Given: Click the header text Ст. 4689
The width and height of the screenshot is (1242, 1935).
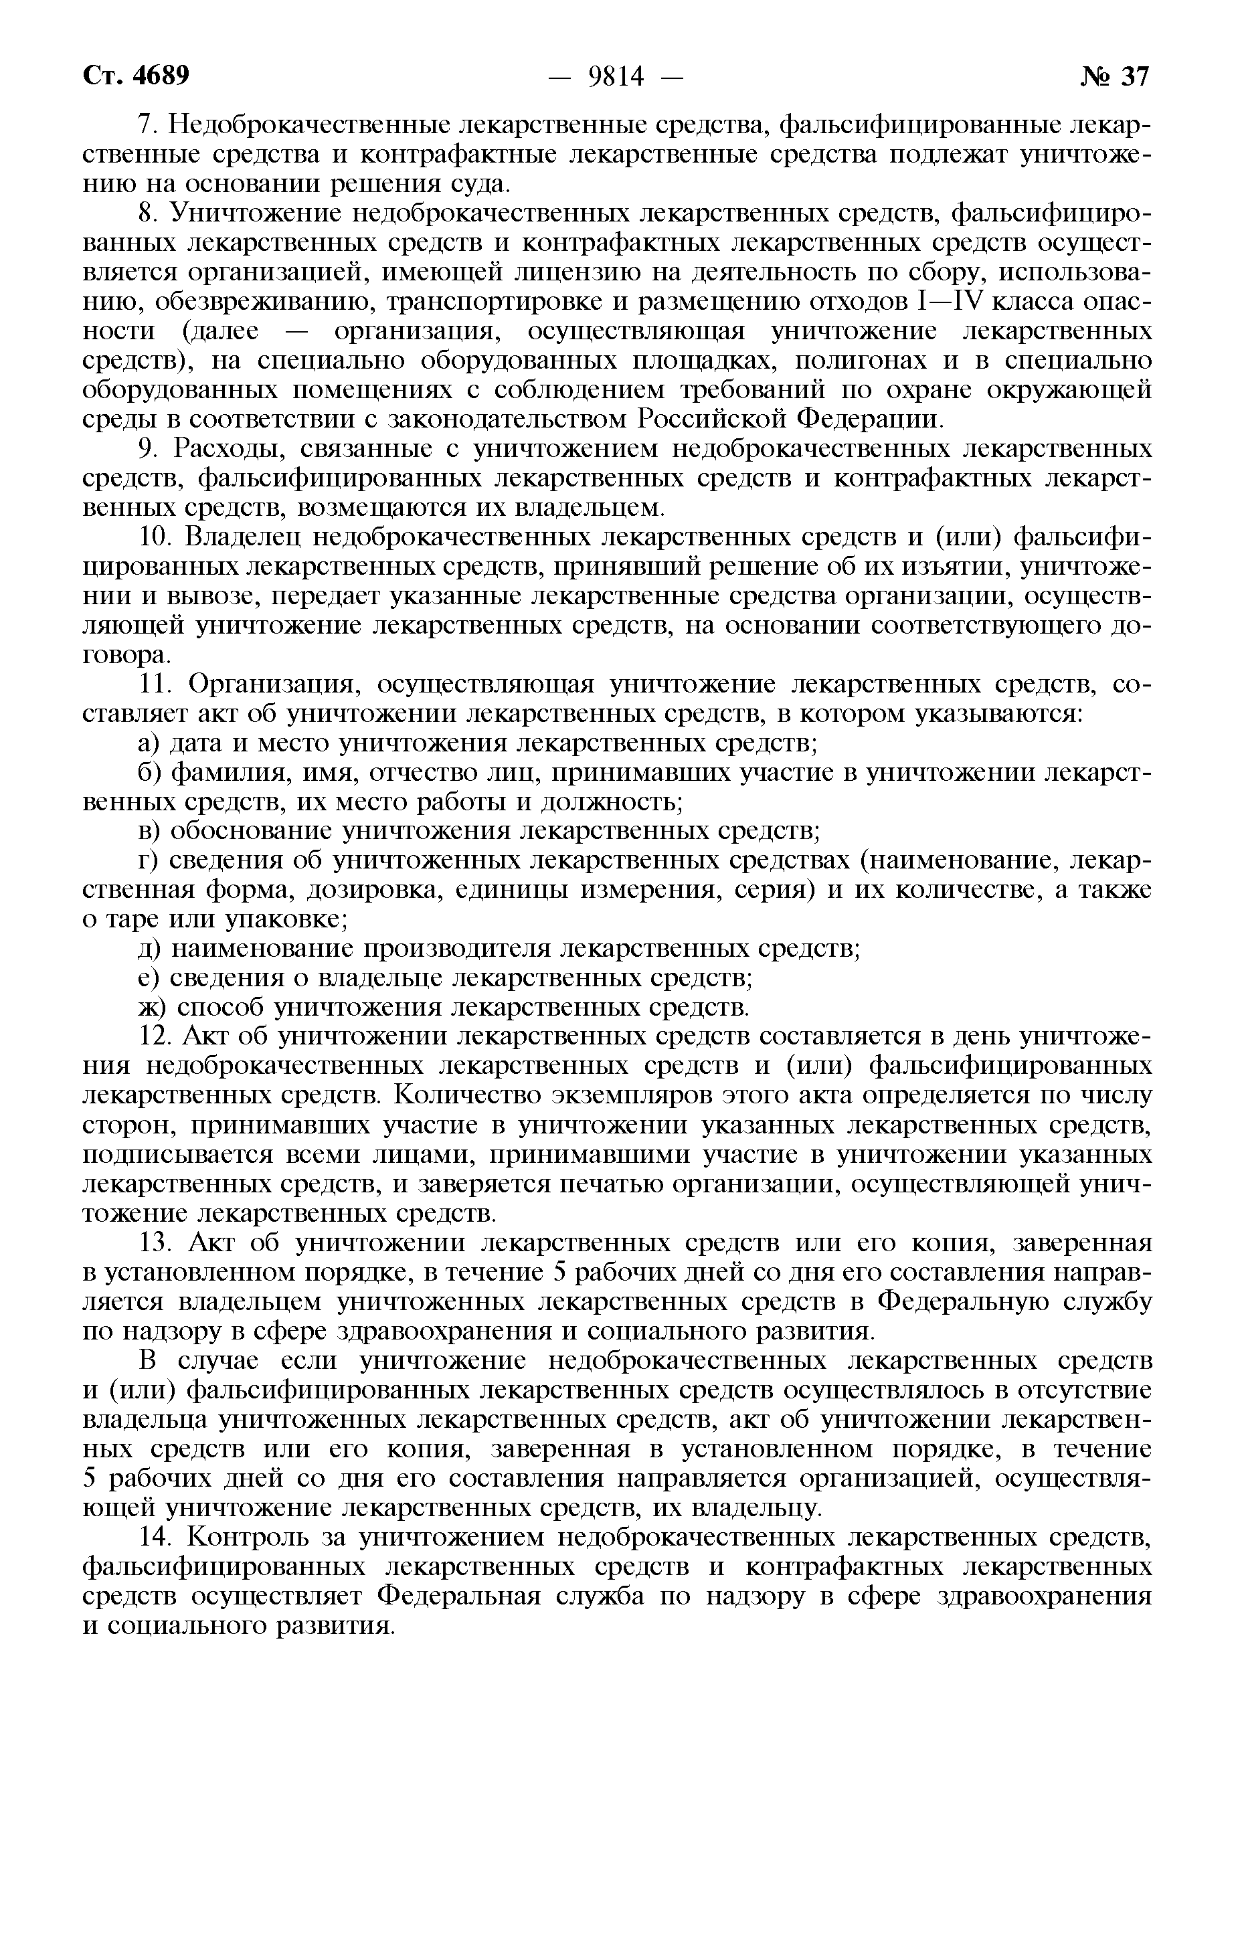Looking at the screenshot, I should point(137,76).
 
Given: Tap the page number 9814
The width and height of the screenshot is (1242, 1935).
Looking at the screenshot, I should point(617,76).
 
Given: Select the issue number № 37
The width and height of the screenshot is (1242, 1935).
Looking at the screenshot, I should point(1115,76).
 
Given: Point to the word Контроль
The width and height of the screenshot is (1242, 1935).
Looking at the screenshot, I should point(248,1538).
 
